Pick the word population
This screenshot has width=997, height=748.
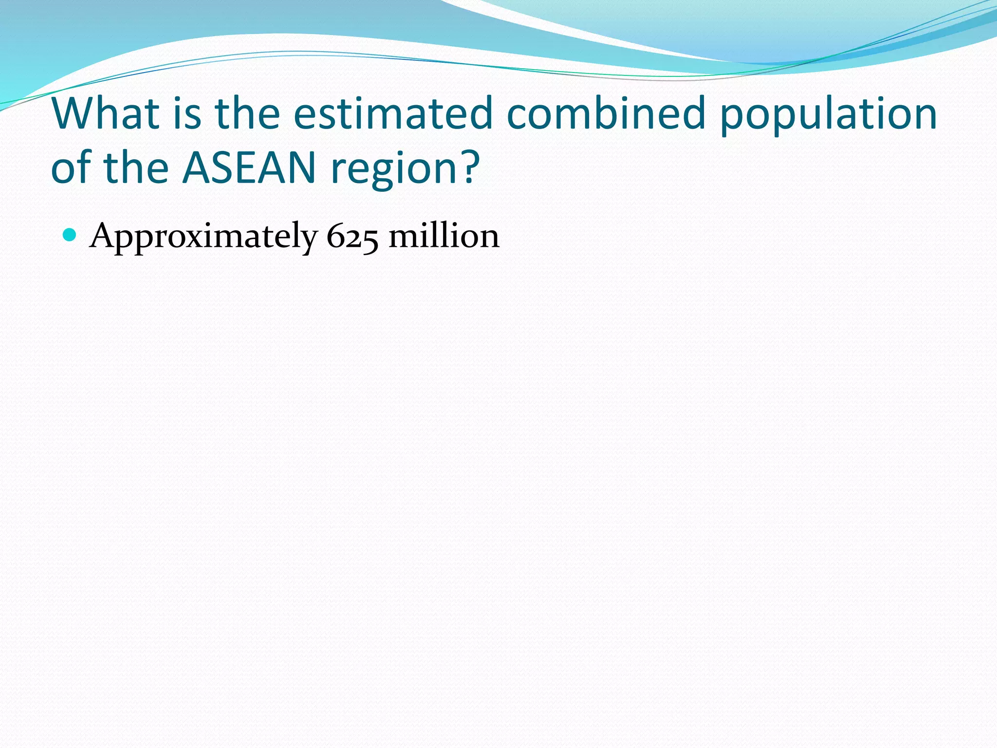coord(828,117)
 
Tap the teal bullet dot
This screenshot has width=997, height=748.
coord(70,235)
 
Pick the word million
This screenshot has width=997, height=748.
coord(444,236)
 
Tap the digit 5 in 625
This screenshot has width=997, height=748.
coord(370,239)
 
